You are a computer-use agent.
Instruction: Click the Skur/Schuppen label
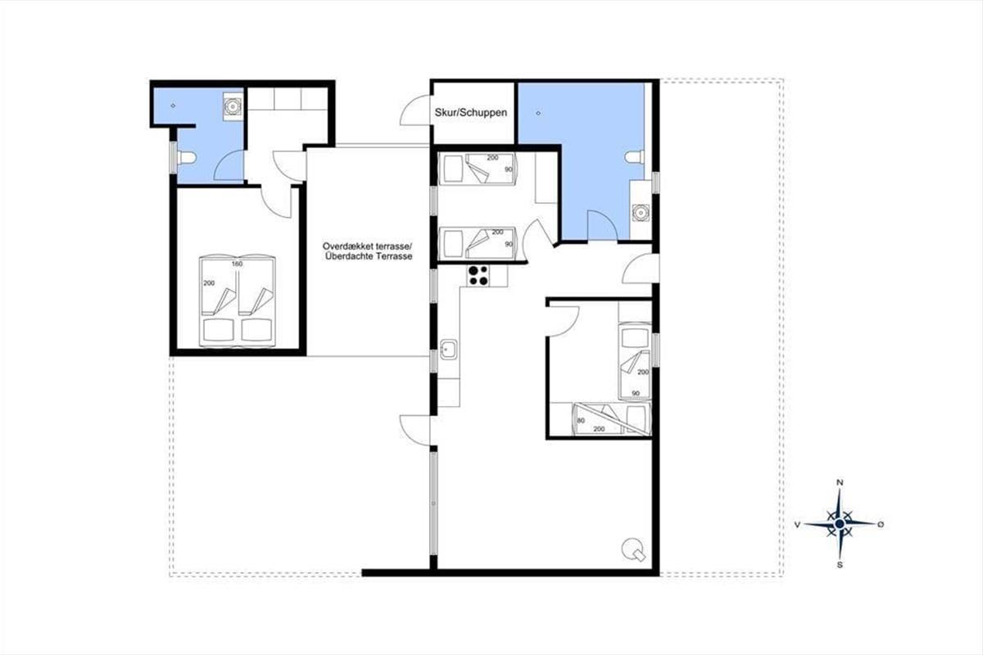click(x=471, y=113)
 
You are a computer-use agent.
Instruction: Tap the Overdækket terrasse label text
click(x=367, y=246)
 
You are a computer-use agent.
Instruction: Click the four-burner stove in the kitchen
click(x=478, y=276)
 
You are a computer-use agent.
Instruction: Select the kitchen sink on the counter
click(x=449, y=350)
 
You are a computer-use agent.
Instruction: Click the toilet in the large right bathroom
click(x=635, y=156)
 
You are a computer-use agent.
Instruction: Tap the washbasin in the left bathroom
click(x=232, y=106)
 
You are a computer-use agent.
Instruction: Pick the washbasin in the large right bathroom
click(x=641, y=213)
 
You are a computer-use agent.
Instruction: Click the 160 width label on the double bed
click(x=237, y=264)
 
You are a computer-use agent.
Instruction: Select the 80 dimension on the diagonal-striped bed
click(x=581, y=420)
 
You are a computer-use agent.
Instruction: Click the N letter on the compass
click(x=840, y=482)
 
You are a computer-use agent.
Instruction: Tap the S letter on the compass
click(x=840, y=565)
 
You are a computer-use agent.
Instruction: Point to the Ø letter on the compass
click(x=881, y=524)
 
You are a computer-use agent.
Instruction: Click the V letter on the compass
click(x=797, y=524)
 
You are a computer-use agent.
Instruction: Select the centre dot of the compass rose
click(x=840, y=524)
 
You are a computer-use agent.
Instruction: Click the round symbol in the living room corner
click(x=633, y=549)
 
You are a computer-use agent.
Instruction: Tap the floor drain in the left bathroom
click(x=173, y=106)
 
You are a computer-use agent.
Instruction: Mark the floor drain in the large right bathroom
click(x=538, y=113)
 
